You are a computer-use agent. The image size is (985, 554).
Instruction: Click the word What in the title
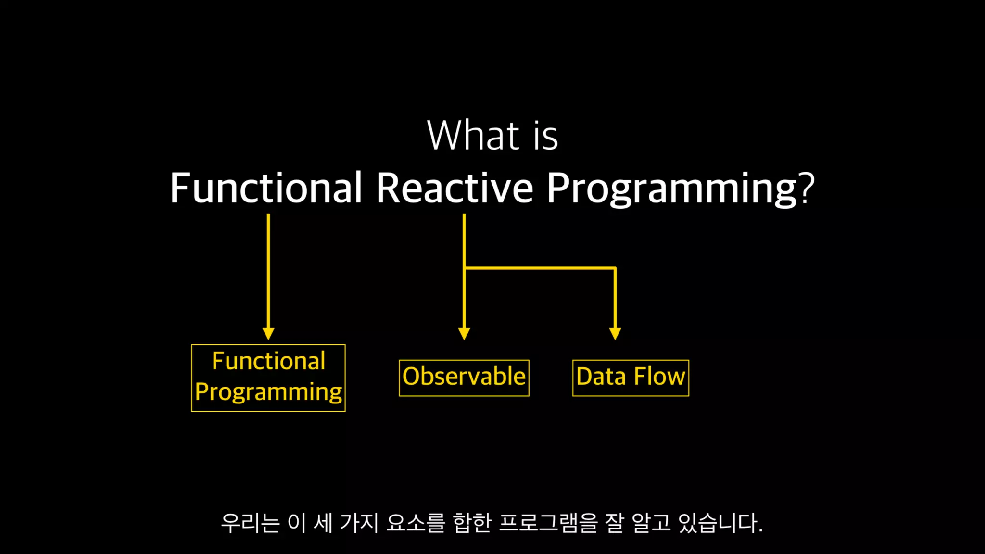(473, 135)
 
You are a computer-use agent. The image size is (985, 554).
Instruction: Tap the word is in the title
(545, 136)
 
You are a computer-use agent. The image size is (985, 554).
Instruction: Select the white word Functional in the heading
(266, 187)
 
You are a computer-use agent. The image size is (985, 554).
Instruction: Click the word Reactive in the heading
(455, 187)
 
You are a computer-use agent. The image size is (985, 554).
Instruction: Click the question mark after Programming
(807, 187)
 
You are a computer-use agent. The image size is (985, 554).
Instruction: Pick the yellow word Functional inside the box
(268, 361)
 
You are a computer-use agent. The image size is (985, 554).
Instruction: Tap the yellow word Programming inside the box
(268, 392)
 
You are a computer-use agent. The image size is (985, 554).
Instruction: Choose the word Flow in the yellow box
(659, 376)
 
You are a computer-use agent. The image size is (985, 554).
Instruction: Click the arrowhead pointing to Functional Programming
(268, 334)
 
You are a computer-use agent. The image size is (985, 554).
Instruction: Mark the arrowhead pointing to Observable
(464, 334)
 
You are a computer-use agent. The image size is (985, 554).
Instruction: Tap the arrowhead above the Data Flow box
(615, 334)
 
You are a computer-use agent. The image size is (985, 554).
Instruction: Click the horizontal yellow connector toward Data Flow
(540, 268)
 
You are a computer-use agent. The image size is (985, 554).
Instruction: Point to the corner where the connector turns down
(615, 268)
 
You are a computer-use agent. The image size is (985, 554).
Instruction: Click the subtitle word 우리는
(250, 523)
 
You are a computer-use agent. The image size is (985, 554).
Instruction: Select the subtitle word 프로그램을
(548, 523)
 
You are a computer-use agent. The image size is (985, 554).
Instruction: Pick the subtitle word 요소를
(416, 523)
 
